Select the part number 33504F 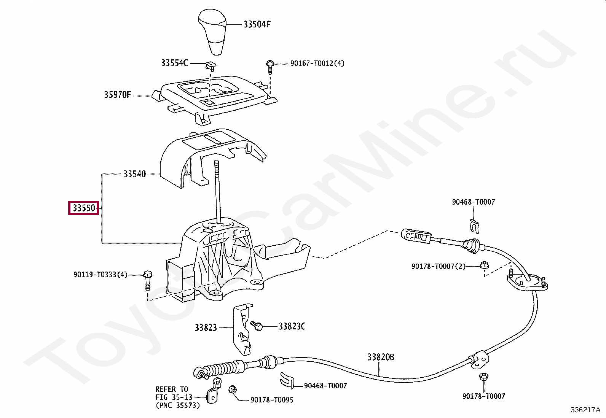tap(257, 25)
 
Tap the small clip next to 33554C tap(210, 66)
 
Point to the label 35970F tap(117, 95)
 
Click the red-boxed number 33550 tap(84, 208)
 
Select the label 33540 tap(134, 174)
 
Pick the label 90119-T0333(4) tap(100, 275)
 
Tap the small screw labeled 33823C tap(257, 326)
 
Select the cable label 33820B tap(380, 357)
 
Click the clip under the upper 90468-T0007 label tap(474, 226)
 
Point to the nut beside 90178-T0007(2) tap(484, 265)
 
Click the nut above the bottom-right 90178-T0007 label tap(483, 377)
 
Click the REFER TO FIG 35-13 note tap(177, 397)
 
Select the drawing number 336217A tap(585, 410)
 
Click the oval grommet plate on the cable tap(527, 283)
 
